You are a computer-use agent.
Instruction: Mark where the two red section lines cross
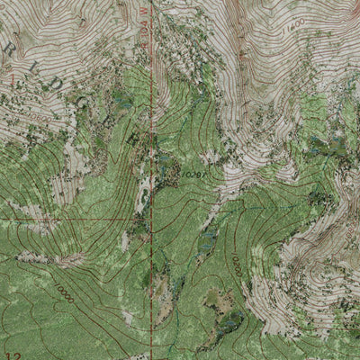(149, 219)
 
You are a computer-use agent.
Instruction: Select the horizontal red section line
(72, 219)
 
